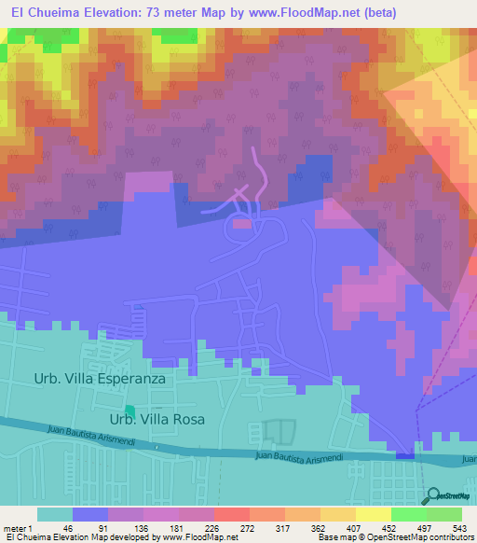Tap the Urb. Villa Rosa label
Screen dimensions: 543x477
164,419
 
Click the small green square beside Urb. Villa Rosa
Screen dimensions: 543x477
129,411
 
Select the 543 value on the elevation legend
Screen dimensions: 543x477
460,528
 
